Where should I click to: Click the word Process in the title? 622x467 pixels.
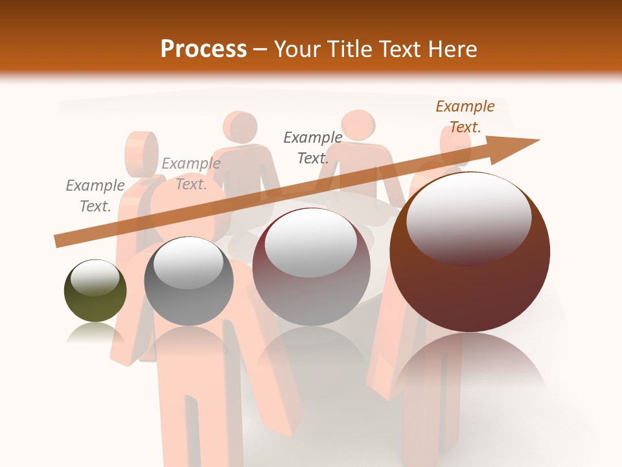coord(203,49)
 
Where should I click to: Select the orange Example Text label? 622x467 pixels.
coord(465,117)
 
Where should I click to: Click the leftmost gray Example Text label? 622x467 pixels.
coord(95,196)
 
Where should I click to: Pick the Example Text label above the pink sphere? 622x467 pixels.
coord(313,147)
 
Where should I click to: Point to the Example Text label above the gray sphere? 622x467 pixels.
coord(190,174)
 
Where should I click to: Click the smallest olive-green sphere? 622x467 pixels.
coord(95,292)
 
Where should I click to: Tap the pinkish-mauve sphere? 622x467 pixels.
coord(311,267)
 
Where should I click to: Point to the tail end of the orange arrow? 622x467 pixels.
coord(60,241)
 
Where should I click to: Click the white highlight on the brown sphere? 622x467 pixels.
coord(468,217)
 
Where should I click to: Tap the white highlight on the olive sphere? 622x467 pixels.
coord(95,277)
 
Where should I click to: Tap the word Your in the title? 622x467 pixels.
coord(298,49)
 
